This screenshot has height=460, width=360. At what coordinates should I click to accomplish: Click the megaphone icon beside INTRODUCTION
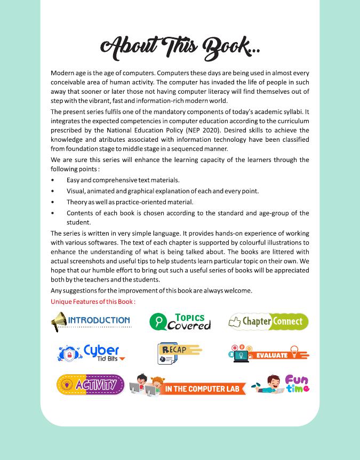pyautogui.click(x=59, y=321)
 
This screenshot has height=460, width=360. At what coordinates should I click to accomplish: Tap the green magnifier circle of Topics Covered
pyautogui.click(x=158, y=321)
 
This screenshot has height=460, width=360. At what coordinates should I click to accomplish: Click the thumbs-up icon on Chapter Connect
pyautogui.click(x=235, y=321)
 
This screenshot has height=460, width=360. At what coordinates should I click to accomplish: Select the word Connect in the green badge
pyautogui.click(x=288, y=321)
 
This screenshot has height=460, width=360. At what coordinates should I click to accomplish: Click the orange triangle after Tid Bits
pyautogui.click(x=122, y=359)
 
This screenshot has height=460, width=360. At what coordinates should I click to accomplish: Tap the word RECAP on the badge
pyautogui.click(x=174, y=350)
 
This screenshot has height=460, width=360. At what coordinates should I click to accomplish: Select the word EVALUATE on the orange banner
pyautogui.click(x=271, y=355)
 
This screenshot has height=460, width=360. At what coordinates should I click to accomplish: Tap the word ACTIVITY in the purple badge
pyautogui.click(x=97, y=384)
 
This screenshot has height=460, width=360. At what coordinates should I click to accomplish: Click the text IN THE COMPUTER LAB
pyautogui.click(x=202, y=389)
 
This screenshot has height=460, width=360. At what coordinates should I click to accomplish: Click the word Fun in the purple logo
pyautogui.click(x=297, y=380)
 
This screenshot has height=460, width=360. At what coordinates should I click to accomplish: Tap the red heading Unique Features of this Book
pyautogui.click(x=93, y=302)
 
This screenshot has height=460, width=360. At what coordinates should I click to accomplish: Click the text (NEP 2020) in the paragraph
pyautogui.click(x=203, y=130)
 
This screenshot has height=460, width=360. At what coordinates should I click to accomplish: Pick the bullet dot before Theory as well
pyautogui.click(x=52, y=202)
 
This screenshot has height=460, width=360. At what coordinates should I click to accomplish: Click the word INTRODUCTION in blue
pyautogui.click(x=99, y=320)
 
